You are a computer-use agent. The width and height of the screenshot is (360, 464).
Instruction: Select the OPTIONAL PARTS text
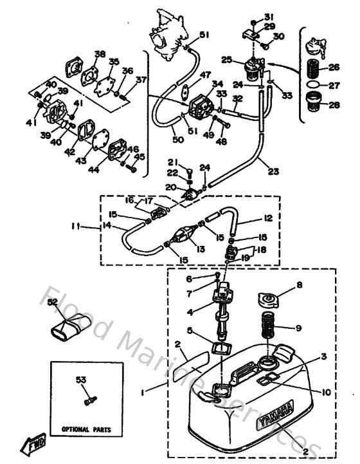click(86, 428)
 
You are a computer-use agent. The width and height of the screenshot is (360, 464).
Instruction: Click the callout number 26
click(334, 67)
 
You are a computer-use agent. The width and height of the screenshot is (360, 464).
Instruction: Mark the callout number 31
click(268, 16)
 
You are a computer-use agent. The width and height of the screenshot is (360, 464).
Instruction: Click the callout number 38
click(100, 53)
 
